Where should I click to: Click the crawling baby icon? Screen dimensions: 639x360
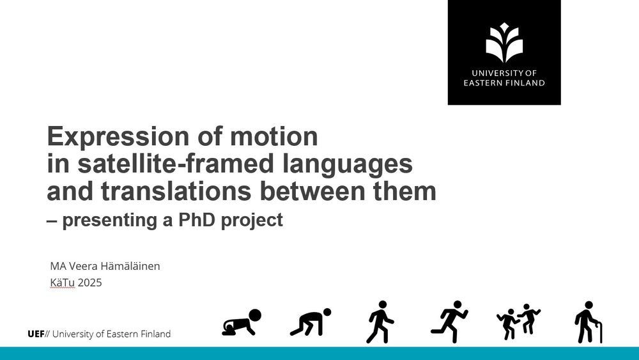coord(242,323)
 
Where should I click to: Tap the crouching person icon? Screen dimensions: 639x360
coord(311,322)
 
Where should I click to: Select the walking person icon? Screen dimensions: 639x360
coord(380,322)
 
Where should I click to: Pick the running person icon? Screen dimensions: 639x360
coord(449,322)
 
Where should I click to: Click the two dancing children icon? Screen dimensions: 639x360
coord(518,322)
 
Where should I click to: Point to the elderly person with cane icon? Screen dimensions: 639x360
coord(588,322)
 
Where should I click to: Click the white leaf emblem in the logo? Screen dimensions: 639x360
coord(504,42)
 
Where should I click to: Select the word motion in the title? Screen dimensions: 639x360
coord(274,136)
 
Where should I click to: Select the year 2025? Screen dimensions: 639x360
coord(89,283)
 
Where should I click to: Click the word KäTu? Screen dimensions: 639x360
coord(63,283)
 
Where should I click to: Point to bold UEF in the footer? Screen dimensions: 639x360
coord(36,334)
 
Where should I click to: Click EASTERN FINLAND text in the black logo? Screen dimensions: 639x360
coord(504,82)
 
